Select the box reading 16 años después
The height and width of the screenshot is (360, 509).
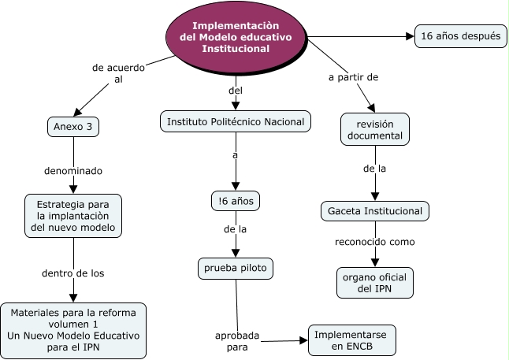tap(460, 35)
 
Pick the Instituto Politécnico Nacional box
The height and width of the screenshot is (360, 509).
tap(235, 121)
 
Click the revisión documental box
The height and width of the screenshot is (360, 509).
tap(374, 129)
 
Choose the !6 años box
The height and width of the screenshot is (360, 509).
tap(235, 202)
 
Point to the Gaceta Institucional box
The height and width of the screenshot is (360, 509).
tap(375, 211)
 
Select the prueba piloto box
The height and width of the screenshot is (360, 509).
tap(235, 269)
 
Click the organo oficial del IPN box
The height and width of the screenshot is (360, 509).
tap(374, 283)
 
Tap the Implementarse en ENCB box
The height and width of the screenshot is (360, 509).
tap(351, 340)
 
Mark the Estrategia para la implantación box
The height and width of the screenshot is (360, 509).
tap(73, 216)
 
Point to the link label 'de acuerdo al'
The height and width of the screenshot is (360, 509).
tap(118, 74)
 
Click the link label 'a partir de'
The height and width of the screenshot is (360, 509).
tap(353, 77)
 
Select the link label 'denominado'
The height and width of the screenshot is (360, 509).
tap(73, 170)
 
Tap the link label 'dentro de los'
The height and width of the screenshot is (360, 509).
tap(73, 273)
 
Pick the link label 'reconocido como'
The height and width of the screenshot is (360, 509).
tap(374, 242)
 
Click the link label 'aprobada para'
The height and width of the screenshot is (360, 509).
tap(237, 341)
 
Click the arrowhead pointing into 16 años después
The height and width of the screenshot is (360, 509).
tap(410, 35)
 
